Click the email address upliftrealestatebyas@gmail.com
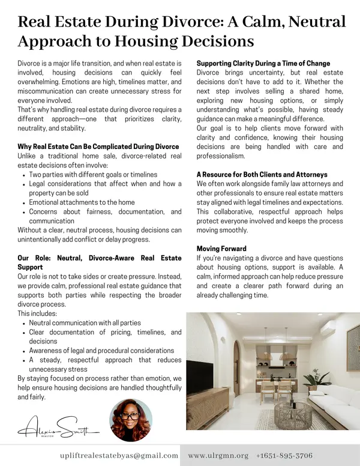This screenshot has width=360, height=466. pyautogui.click(x=119, y=456)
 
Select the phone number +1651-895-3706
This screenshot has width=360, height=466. pyautogui.click(x=284, y=456)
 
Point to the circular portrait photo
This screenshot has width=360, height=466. pyautogui.click(x=131, y=421)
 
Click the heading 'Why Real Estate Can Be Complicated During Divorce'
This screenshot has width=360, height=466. pyautogui.click(x=98, y=147)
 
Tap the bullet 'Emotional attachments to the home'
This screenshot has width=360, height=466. pyautogui.click(x=82, y=202)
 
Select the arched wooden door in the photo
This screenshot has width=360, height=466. pyautogui.click(x=236, y=366)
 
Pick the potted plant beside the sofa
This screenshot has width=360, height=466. pyautogui.click(x=314, y=378)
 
